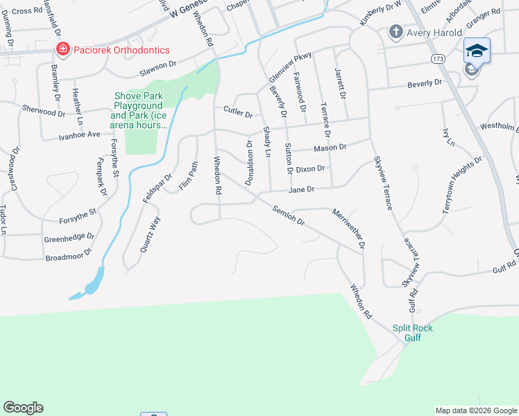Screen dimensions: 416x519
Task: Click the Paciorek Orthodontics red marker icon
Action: tap(62, 49)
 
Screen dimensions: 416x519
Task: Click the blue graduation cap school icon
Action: tap(477, 51)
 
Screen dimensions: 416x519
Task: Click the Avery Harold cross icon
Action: tap(396, 31)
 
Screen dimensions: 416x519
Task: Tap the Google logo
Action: tap(23, 408)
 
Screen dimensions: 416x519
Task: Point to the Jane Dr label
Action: tap(302, 189)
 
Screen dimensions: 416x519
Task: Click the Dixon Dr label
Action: tap(310, 168)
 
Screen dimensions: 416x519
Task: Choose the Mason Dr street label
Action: tap(330, 148)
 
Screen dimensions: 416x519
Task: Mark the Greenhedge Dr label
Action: tap(69, 238)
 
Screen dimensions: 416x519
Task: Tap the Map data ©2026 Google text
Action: tap(476, 410)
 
